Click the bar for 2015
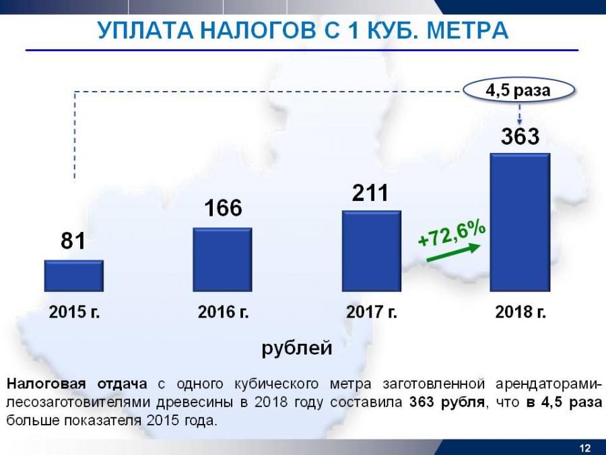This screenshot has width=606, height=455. [73, 275]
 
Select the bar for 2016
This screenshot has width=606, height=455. [222, 259]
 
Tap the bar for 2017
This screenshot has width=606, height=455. [372, 251]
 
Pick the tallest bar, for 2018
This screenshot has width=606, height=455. [520, 222]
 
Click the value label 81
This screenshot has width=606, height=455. [73, 241]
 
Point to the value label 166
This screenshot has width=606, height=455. [223, 208]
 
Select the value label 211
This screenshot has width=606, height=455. [370, 193]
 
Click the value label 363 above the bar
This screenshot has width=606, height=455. [520, 137]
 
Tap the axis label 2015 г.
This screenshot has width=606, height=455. [74, 312]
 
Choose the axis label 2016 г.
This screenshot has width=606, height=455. [223, 312]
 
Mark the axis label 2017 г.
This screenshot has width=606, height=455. [372, 312]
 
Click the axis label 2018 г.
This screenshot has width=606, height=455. [520, 312]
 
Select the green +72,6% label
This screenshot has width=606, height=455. [452, 232]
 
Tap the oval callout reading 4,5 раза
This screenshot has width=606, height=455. [519, 90]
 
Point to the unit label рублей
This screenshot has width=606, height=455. [297, 348]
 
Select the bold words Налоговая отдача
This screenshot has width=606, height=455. [77, 384]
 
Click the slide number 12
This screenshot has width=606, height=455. [584, 448]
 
